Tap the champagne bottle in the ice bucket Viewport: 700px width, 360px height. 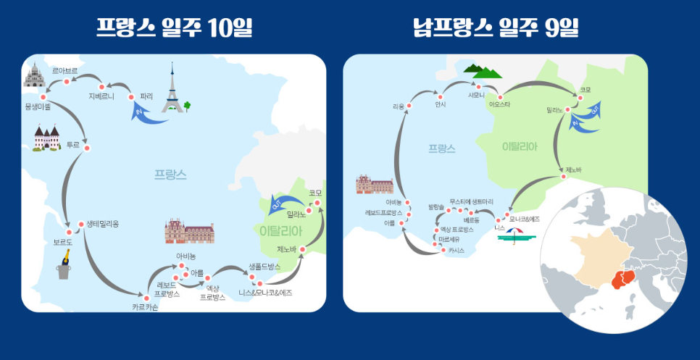point(66,266)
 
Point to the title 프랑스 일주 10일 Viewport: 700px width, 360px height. point(175,28)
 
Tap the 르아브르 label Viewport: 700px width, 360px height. point(64,71)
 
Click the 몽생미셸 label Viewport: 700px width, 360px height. point(38,106)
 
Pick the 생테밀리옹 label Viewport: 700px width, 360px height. point(102,224)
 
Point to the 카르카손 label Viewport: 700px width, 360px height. point(145,307)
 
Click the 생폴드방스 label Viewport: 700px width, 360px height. point(264,267)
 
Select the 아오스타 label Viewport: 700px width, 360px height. point(500,104)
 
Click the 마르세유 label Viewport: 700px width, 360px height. point(449,238)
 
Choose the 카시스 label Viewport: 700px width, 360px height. point(456,250)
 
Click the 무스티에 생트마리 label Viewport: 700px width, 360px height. point(471,201)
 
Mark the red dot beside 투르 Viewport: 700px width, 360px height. point(86,148)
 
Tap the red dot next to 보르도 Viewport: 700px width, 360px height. point(70,233)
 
